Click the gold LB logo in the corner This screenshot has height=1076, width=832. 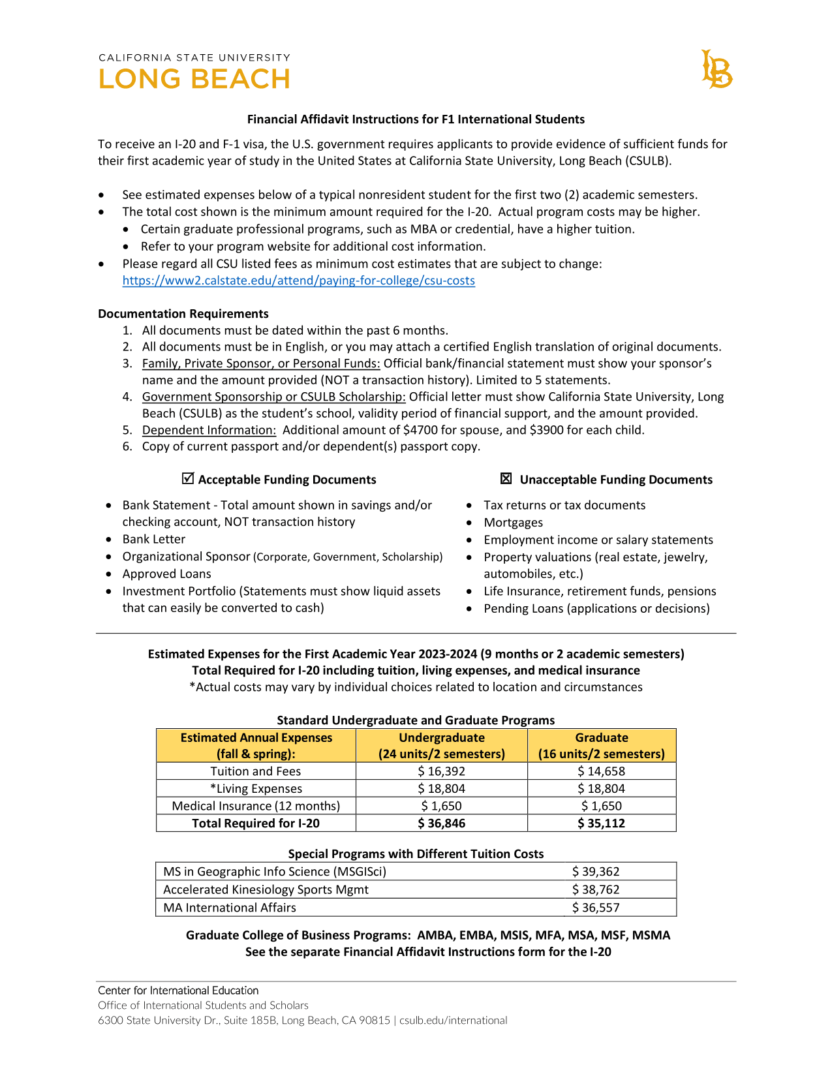pyautogui.click(x=716, y=69)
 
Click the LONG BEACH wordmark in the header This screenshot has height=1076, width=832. pyautogui.click(x=194, y=80)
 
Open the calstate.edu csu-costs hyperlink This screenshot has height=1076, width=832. pyautogui.click(x=298, y=281)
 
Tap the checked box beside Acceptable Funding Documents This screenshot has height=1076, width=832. pyautogui.click(x=188, y=479)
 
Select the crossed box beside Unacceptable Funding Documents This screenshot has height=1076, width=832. pyautogui.click(x=506, y=479)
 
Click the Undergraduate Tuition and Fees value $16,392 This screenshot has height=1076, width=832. pyautogui.click(x=442, y=771)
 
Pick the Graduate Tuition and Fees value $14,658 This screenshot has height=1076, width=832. pyautogui.click(x=601, y=771)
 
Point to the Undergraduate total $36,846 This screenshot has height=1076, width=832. pyautogui.click(x=442, y=823)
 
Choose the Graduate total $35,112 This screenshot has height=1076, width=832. pyautogui.click(x=601, y=823)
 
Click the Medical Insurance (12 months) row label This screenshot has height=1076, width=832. pyautogui.click(x=256, y=806)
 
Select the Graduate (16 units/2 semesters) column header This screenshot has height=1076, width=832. pyautogui.click(x=601, y=746)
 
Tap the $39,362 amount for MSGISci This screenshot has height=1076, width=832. pyautogui.click(x=596, y=872)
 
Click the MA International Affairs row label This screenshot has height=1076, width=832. pyautogui.click(x=230, y=908)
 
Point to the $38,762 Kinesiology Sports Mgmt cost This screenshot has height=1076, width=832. pyautogui.click(x=596, y=889)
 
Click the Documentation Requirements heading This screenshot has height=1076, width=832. pyautogui.click(x=183, y=314)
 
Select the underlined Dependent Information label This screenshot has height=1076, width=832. pyautogui.click(x=209, y=430)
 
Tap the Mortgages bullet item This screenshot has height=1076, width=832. pyautogui.click(x=513, y=523)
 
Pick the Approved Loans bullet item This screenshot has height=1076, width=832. pyautogui.click(x=167, y=574)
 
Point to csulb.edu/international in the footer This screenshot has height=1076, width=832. pyautogui.click(x=453, y=1021)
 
